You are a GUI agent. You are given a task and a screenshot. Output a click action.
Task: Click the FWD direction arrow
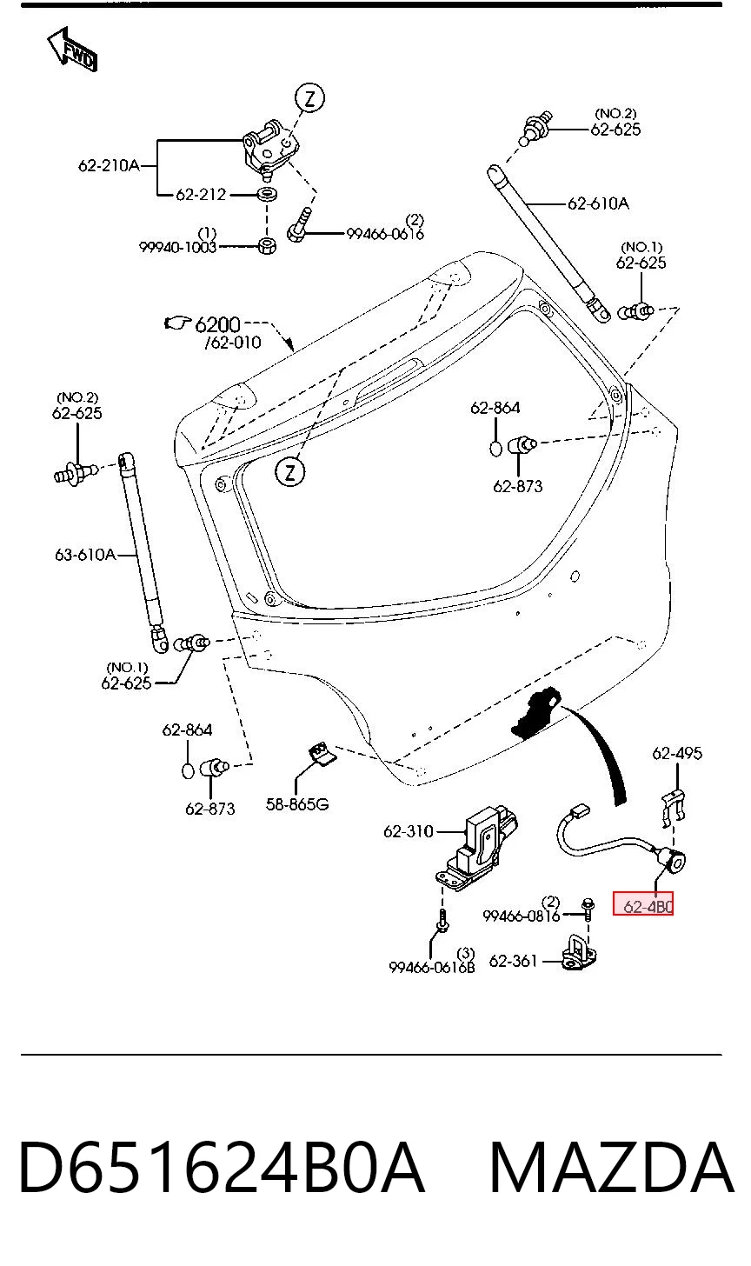(x=72, y=50)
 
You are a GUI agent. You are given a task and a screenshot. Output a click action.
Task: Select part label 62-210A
(x=109, y=165)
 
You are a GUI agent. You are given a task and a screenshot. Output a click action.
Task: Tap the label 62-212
(x=201, y=195)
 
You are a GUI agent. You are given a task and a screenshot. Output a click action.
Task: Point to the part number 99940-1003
(x=177, y=247)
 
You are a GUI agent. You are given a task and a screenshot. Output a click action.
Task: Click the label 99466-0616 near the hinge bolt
(x=385, y=233)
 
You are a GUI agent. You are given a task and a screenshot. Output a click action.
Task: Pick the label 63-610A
(x=85, y=555)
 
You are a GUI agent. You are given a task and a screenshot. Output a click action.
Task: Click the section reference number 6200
(x=217, y=324)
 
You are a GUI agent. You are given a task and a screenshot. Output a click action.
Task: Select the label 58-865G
(x=297, y=803)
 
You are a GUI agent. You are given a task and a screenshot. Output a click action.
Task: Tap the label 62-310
(x=408, y=831)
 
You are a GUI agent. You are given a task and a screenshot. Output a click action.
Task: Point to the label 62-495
(x=677, y=753)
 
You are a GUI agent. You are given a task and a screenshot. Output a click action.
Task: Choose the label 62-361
(x=513, y=961)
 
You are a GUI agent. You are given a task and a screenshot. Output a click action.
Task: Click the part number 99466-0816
(x=521, y=916)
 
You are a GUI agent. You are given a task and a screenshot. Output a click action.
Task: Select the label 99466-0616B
(x=432, y=968)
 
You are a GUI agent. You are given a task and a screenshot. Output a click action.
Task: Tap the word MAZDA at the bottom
(x=612, y=1167)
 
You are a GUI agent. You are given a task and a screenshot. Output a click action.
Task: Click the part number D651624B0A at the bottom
(x=222, y=1167)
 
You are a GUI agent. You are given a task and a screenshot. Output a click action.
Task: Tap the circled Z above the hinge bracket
(x=309, y=98)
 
